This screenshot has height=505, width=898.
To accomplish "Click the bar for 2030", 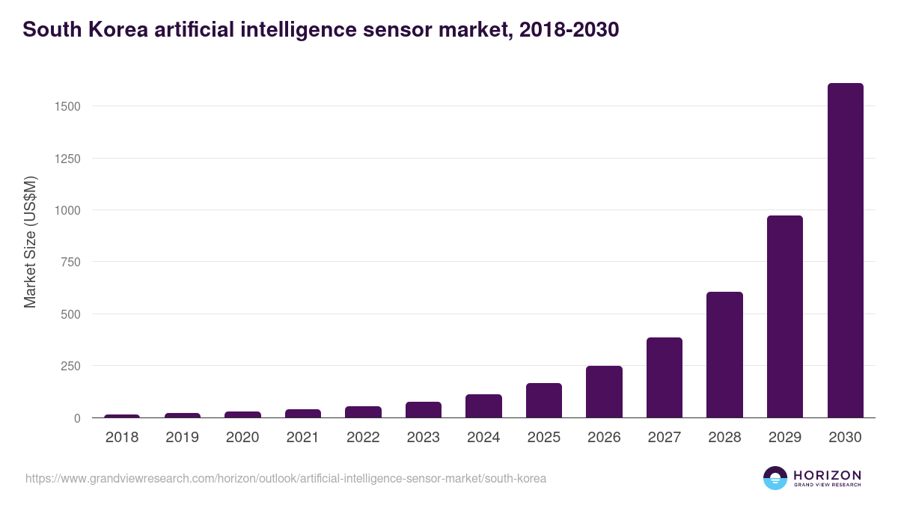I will (845, 251).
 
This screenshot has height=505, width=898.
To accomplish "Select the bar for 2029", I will (784, 316).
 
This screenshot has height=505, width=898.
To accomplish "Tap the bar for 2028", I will (724, 355).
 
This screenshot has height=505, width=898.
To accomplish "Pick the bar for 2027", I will (665, 378).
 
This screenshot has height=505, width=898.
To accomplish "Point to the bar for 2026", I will (604, 391).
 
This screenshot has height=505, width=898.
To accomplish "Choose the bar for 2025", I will (544, 400).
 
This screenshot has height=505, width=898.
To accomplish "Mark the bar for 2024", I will (483, 405).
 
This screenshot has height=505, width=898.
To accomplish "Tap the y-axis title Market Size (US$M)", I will (30, 242).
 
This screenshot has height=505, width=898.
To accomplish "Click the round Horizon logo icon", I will (775, 478).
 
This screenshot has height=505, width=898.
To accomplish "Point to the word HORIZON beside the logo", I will (827, 474).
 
